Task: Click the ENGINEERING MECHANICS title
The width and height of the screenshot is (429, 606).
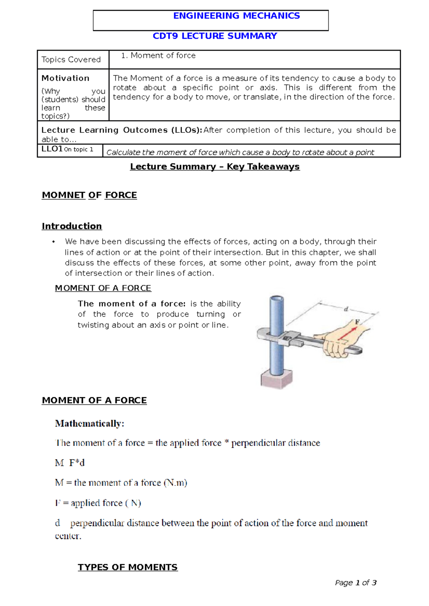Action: (x=236, y=16)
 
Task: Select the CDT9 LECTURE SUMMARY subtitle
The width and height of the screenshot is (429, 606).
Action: (x=215, y=36)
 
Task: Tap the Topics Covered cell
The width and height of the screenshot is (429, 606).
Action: (x=71, y=60)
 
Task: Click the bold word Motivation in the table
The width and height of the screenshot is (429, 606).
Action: (x=65, y=78)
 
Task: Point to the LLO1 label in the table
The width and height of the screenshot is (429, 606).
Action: (x=52, y=149)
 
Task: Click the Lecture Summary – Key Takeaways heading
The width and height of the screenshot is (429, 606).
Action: (x=215, y=167)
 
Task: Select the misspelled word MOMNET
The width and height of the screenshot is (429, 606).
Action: (x=63, y=195)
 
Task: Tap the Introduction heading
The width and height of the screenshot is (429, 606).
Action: (x=72, y=226)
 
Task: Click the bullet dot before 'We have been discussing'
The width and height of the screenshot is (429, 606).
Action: (x=54, y=242)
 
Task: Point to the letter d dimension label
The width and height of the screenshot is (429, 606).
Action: (x=346, y=309)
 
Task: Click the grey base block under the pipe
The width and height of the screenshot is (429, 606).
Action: (x=276, y=379)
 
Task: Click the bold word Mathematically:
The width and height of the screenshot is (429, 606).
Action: (x=90, y=424)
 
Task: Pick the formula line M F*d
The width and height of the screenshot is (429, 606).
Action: (x=70, y=463)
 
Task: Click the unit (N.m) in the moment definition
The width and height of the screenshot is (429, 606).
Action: (x=176, y=483)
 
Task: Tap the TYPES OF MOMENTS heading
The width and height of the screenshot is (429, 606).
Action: (x=128, y=567)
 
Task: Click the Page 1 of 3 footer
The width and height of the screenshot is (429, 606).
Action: (x=356, y=583)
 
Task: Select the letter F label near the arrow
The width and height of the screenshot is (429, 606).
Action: (x=357, y=322)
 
